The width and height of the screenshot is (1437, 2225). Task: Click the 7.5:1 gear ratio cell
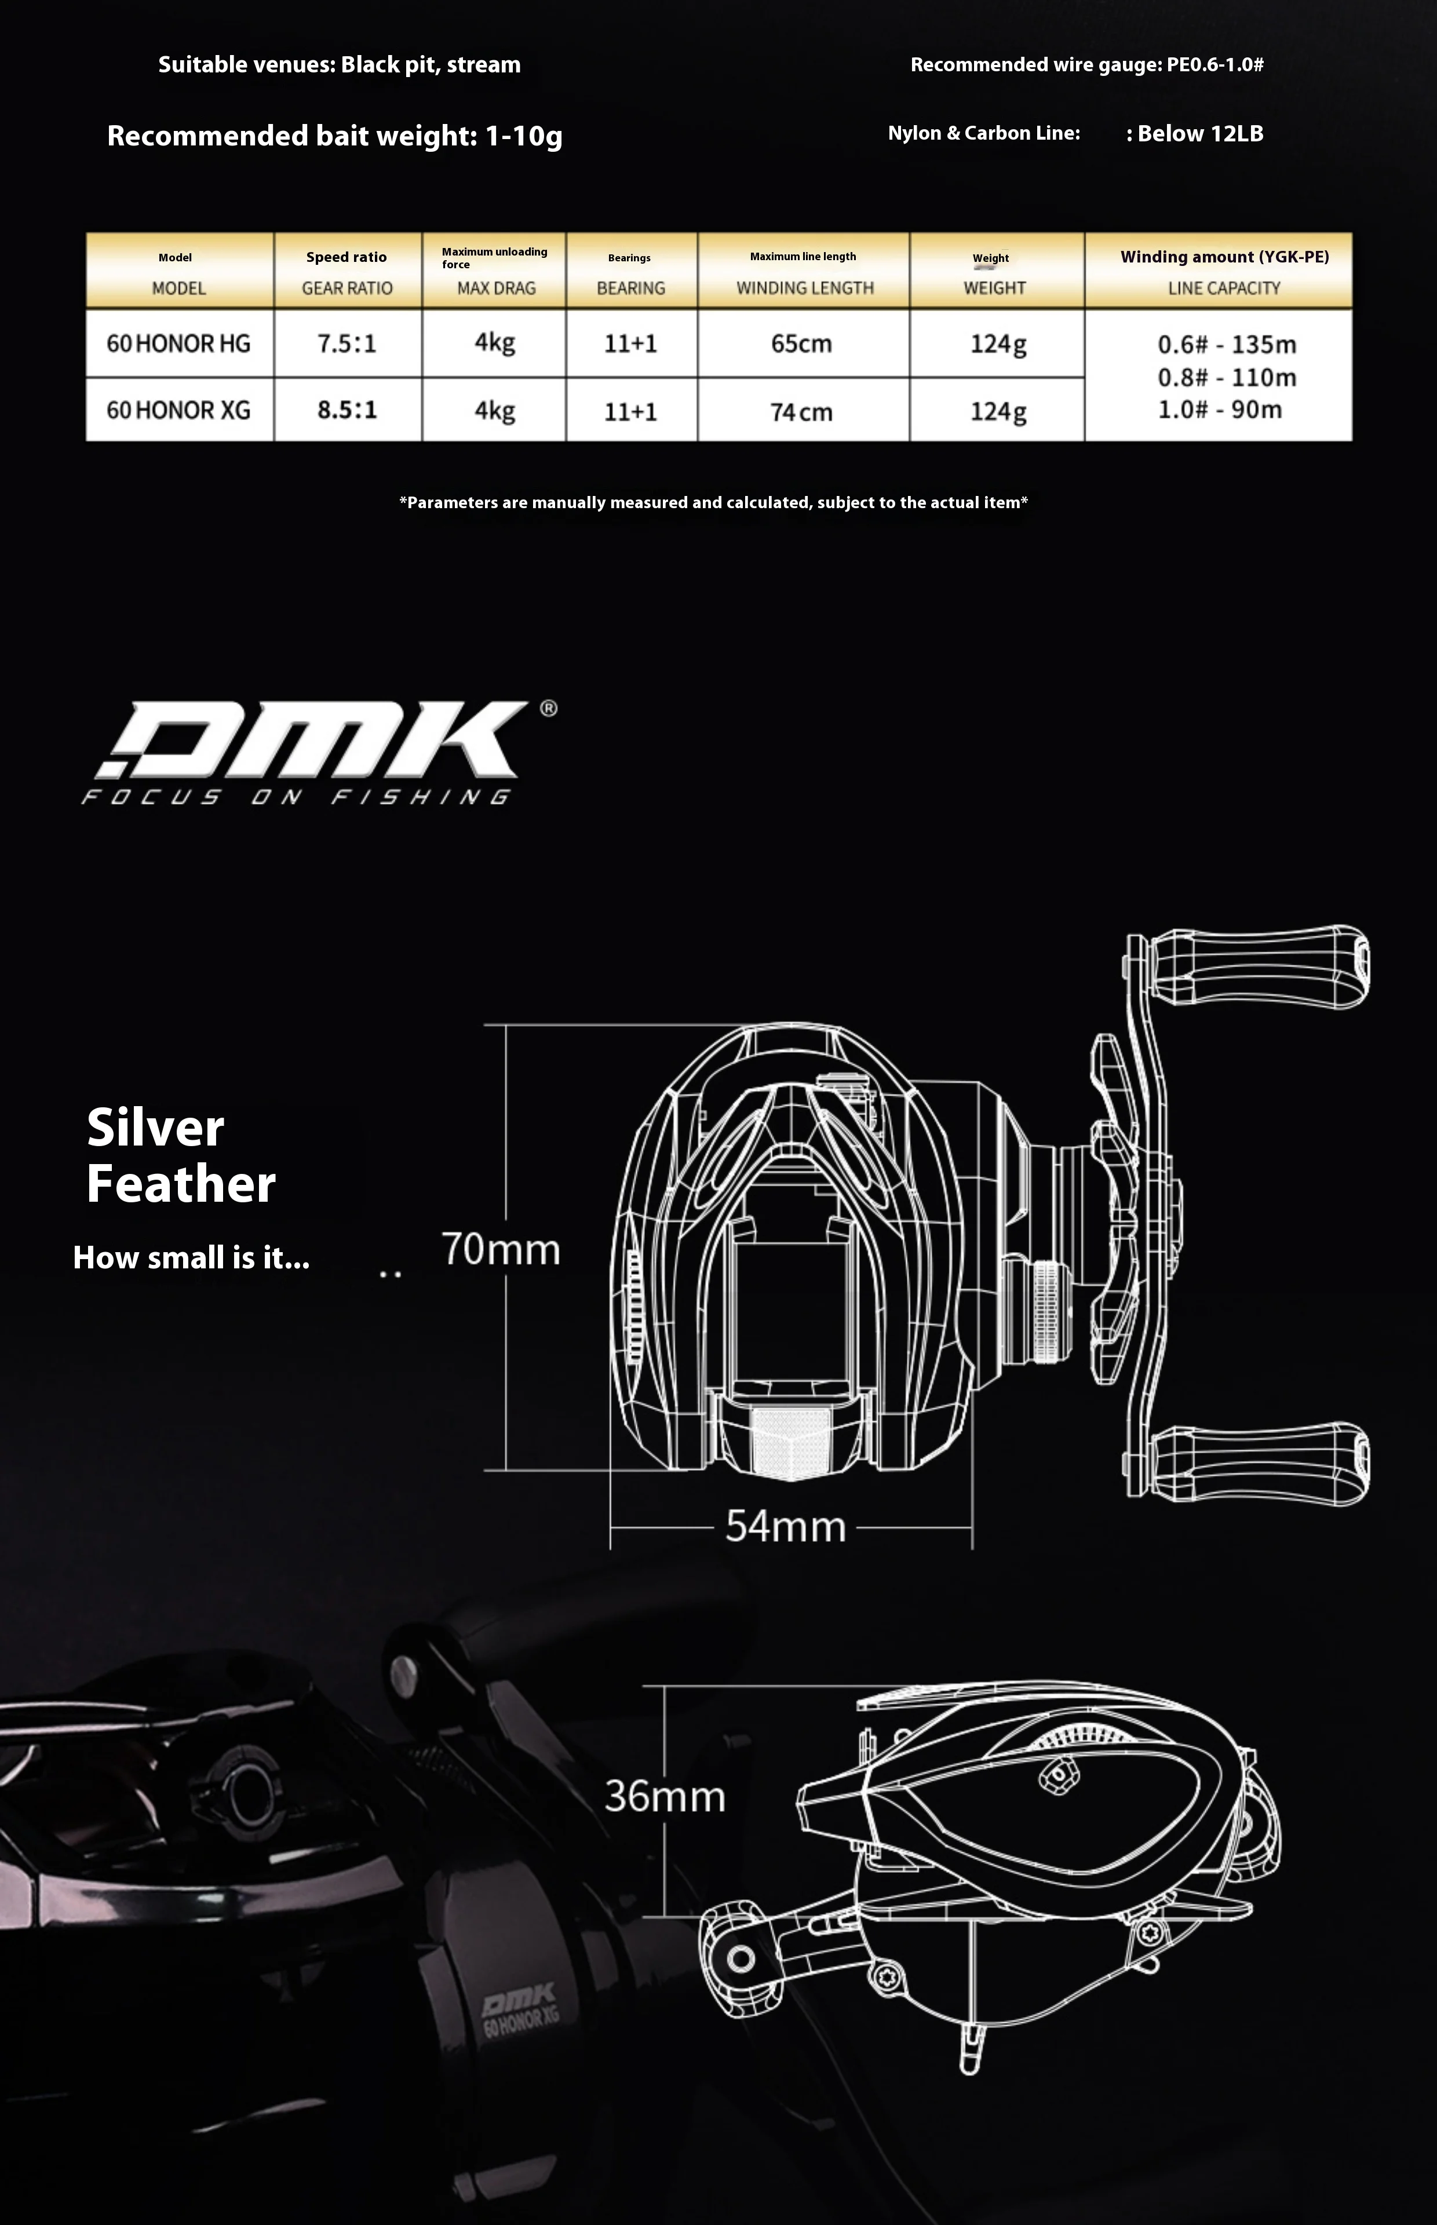point(347,344)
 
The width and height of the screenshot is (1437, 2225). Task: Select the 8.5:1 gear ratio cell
point(347,410)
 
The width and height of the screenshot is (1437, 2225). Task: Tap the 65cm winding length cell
point(801,344)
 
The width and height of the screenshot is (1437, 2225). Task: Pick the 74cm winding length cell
point(801,411)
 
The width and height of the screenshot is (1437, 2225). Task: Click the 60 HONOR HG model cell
point(178,344)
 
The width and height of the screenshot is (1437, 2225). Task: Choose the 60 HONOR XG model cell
point(178,410)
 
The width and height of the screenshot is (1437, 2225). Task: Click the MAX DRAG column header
point(495,287)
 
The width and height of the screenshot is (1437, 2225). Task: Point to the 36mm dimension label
point(665,1796)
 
